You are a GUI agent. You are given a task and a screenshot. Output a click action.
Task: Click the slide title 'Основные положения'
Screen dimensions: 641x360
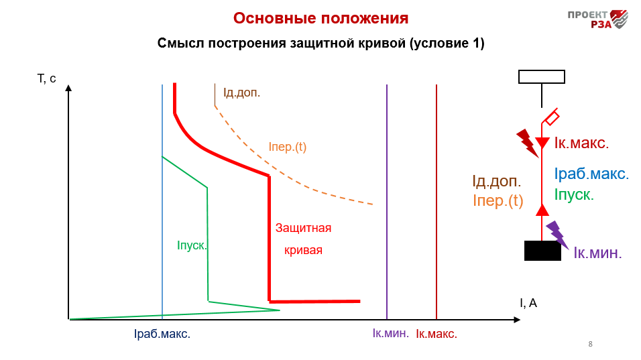click(320, 18)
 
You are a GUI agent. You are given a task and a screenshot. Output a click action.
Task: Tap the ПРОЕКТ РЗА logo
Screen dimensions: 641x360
click(597, 19)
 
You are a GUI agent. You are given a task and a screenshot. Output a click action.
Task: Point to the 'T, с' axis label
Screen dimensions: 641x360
click(47, 78)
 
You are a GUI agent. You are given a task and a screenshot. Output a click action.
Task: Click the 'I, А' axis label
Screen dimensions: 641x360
click(528, 303)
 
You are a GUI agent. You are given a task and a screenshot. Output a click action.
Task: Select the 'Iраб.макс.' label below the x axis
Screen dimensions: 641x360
click(162, 334)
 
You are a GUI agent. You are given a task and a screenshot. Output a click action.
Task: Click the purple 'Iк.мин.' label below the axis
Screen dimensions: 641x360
click(390, 333)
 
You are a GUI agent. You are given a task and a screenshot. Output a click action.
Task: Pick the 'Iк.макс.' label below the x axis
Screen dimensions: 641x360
click(436, 334)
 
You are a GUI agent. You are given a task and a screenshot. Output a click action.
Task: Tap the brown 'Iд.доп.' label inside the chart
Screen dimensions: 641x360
click(241, 93)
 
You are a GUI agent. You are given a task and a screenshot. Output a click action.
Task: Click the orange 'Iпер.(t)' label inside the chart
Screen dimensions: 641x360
click(288, 147)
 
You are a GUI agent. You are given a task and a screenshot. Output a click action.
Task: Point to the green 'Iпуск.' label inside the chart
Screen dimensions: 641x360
click(192, 245)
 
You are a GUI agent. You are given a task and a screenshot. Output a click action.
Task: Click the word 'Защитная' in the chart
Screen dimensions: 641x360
click(303, 228)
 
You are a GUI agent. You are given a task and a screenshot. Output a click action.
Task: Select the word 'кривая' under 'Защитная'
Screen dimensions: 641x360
click(303, 250)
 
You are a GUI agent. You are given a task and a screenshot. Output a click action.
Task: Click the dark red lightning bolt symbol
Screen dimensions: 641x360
click(527, 143)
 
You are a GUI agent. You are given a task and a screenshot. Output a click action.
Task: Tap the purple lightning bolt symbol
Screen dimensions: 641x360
click(557, 235)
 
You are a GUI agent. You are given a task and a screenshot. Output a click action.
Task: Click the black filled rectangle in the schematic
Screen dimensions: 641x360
click(542, 251)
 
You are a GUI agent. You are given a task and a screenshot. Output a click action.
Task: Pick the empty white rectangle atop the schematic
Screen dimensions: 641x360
click(542, 77)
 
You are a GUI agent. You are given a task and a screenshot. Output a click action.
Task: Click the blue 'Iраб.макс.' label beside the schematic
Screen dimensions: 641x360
click(591, 174)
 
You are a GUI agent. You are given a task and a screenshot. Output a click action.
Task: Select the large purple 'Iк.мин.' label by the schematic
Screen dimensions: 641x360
click(597, 253)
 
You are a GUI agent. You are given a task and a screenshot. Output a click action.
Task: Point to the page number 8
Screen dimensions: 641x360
click(590, 344)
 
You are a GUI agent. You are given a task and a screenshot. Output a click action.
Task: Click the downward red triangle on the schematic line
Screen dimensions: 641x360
click(542, 143)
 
